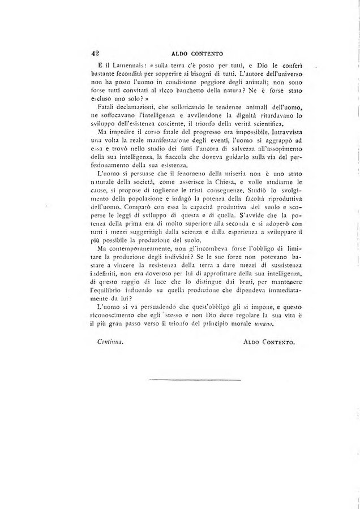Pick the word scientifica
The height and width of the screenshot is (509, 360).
pos(252,125)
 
